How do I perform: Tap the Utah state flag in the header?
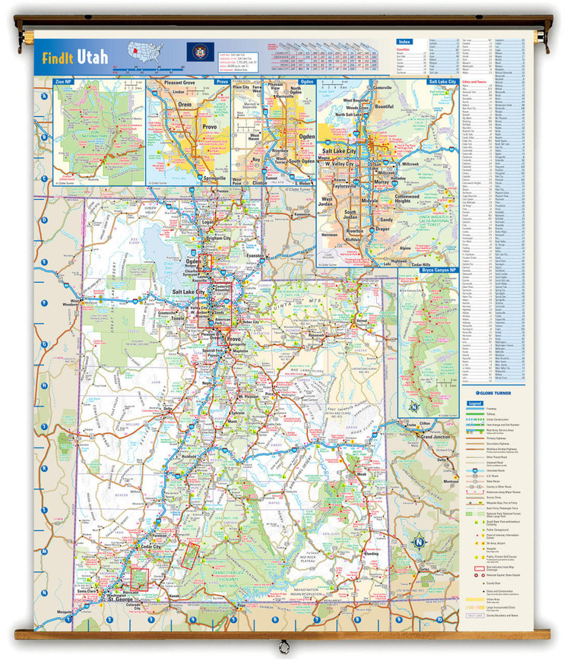coord(195,52)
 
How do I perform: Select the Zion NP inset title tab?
coord(64,81)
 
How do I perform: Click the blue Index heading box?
coord(404,42)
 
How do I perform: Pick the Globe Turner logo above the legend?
coord(492,391)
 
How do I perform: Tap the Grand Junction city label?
coord(436,438)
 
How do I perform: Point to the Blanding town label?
coord(372,554)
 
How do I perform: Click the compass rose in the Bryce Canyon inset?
coord(415,406)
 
